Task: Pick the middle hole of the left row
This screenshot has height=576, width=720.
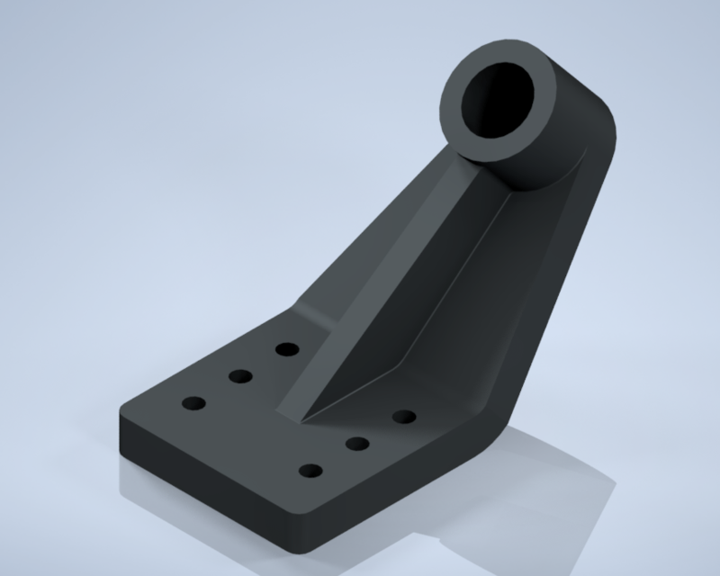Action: (239, 375)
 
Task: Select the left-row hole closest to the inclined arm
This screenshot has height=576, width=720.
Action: (287, 348)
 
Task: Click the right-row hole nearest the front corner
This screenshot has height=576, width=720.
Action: (310, 471)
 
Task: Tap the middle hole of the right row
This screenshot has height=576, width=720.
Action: (358, 442)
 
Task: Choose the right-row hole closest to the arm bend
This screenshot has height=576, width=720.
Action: (404, 416)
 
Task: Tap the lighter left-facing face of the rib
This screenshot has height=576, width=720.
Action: (378, 297)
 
